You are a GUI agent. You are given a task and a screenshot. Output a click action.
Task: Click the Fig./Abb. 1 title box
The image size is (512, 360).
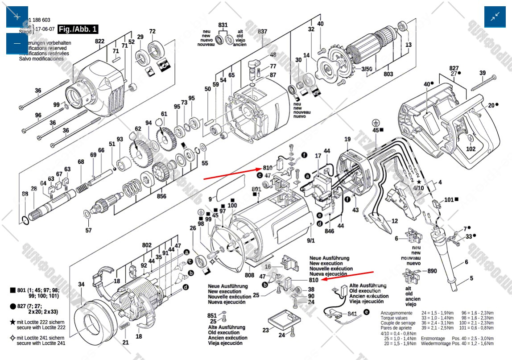[78, 29]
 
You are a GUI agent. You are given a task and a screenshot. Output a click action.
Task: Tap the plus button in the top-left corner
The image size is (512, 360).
[17, 17]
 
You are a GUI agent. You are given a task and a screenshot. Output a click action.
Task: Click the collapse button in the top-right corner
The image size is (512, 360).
[495, 17]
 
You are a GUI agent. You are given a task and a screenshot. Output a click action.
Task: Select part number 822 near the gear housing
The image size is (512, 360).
[99, 41]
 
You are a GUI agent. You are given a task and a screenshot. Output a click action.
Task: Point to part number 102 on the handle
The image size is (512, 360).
[471, 149]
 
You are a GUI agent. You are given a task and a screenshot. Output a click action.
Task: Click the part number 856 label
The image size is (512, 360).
[161, 196]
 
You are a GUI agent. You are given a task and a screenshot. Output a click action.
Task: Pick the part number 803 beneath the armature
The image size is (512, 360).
[388, 74]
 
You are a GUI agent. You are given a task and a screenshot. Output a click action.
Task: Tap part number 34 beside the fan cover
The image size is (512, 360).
[81, 284]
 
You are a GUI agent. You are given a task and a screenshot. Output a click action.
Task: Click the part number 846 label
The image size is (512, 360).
[329, 231]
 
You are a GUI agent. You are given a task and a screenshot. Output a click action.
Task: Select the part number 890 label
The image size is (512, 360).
[432, 271]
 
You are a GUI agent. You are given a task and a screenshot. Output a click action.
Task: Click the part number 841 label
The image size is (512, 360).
[353, 314]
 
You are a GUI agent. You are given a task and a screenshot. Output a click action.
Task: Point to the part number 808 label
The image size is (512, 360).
[250, 275]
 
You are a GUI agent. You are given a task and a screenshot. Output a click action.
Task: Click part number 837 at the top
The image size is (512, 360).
[263, 31]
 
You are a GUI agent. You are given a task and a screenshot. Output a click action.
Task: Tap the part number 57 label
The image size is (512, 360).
[88, 230]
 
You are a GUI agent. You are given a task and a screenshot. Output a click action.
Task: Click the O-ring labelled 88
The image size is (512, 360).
[25, 219]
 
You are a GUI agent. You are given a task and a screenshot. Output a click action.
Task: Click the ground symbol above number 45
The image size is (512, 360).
[376, 123]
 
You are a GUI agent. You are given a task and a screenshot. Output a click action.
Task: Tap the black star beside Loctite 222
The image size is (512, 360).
[13, 322]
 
